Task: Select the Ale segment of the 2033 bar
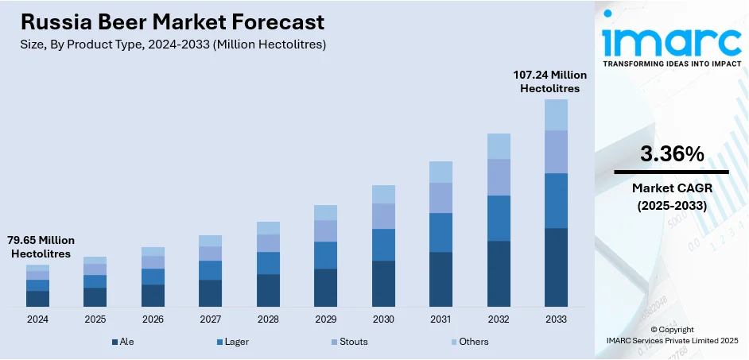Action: tap(556, 267)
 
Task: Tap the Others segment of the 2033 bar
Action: tap(556, 114)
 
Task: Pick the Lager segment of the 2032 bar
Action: tap(499, 218)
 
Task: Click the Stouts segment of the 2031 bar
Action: tap(440, 198)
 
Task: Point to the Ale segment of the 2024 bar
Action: tap(37, 299)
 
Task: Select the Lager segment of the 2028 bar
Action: tap(268, 263)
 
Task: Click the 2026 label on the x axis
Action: tap(153, 319)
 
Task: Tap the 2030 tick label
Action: tap(383, 319)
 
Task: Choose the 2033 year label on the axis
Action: tap(556, 319)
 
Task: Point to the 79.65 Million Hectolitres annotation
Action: tap(41, 246)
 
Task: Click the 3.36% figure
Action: tap(671, 154)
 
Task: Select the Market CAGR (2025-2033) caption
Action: tap(671, 195)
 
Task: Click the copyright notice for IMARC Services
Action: tap(672, 335)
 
